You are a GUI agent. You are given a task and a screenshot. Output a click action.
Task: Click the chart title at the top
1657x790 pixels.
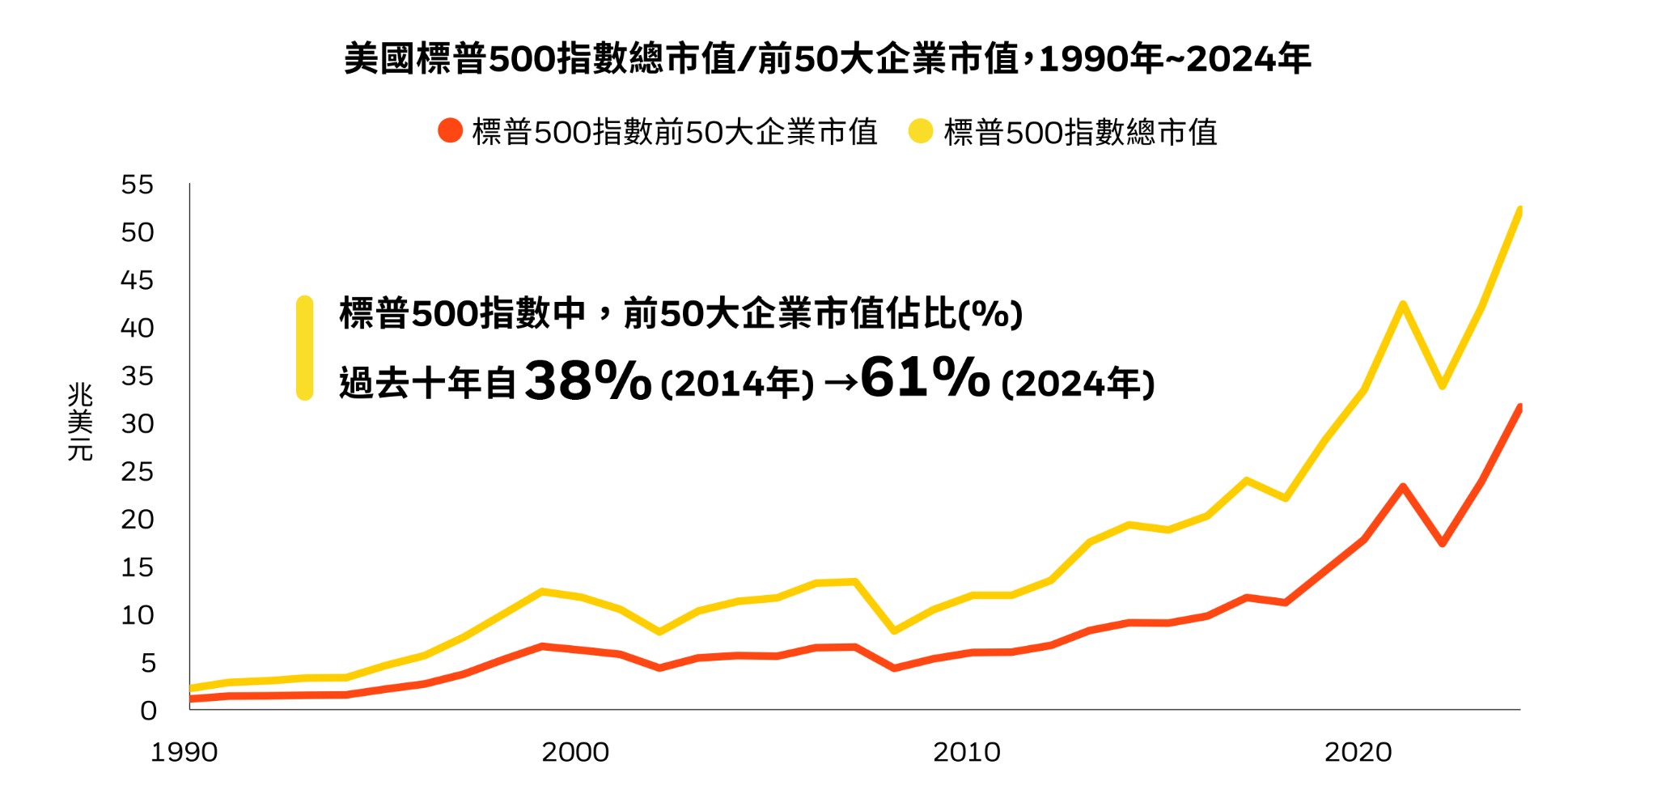[x=827, y=59]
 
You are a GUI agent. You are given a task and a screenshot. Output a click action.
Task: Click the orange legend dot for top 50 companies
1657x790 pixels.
[x=450, y=131]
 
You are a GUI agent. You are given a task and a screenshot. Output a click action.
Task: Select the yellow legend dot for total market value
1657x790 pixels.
[x=921, y=131]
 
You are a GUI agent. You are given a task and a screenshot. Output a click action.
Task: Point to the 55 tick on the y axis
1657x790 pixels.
[x=137, y=185]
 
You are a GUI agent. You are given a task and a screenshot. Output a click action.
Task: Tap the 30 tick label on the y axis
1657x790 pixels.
[x=137, y=423]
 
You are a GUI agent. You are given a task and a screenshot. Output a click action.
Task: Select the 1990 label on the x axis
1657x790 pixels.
[x=184, y=752]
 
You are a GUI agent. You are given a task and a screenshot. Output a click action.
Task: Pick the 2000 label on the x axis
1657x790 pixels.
[x=575, y=752]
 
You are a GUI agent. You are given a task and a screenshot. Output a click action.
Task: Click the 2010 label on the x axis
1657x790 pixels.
[x=967, y=752]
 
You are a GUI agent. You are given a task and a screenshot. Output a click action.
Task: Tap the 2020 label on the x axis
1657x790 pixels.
[x=1358, y=752]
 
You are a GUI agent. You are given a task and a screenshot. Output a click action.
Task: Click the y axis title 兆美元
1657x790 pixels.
[x=80, y=422]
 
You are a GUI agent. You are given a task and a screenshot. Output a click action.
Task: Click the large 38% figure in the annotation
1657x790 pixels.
[x=587, y=380]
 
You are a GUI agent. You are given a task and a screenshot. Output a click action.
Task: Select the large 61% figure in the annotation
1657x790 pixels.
[x=925, y=377]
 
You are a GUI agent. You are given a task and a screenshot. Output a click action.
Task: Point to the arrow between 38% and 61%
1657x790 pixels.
[x=841, y=383]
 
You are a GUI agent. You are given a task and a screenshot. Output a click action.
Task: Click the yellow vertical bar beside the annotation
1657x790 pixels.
[x=305, y=348]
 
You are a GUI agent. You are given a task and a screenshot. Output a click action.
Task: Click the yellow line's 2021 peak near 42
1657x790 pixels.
[x=1402, y=304]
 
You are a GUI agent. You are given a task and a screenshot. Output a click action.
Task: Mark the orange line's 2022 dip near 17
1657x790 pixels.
[x=1442, y=543]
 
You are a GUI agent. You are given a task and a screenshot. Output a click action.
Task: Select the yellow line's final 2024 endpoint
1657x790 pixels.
[x=1519, y=210]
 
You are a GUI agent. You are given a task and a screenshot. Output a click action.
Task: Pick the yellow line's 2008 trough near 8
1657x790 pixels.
[x=893, y=631]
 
